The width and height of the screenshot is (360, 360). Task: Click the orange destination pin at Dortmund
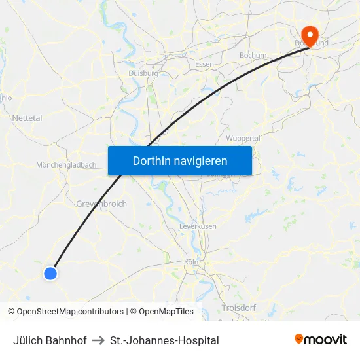(308, 34)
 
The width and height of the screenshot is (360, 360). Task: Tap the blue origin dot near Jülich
(50, 274)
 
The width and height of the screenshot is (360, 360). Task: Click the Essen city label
(204, 64)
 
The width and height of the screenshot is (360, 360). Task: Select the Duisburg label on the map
(144, 74)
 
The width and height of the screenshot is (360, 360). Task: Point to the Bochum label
(253, 56)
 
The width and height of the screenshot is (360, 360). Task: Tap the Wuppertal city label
(243, 139)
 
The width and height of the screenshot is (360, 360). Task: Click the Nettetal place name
(27, 118)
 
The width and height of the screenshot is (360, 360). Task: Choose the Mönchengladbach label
(67, 165)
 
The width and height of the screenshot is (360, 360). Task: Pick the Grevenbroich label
(101, 204)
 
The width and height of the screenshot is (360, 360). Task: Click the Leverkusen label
(198, 226)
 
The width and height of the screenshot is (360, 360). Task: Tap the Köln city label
(191, 262)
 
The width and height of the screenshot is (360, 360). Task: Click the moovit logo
(321, 340)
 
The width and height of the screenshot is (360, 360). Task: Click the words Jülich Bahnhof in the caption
(50, 340)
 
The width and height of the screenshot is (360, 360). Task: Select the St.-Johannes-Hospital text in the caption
(164, 340)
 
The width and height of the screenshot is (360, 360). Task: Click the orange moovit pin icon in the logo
(299, 339)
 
